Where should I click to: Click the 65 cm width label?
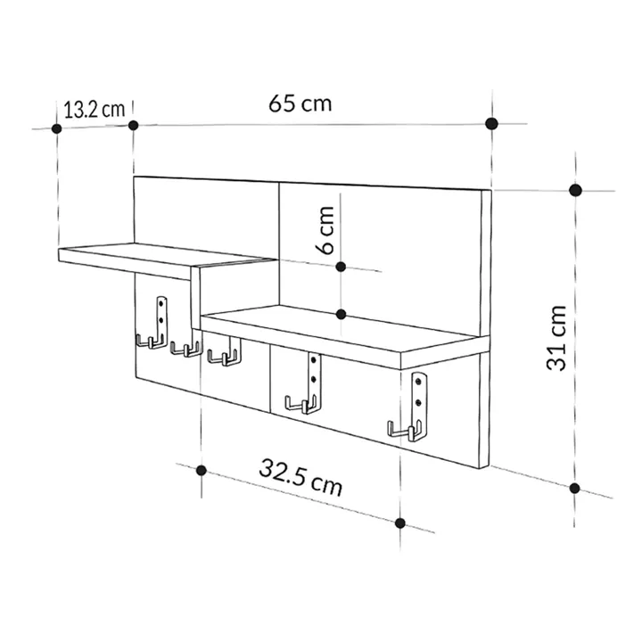pyautogui.click(x=300, y=103)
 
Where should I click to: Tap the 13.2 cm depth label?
pyautogui.click(x=94, y=110)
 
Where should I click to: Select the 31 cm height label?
pyautogui.click(x=558, y=338)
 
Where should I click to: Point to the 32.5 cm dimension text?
pyautogui.click(x=300, y=476)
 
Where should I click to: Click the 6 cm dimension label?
pyautogui.click(x=326, y=230)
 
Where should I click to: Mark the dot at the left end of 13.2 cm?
pyautogui.click(x=57, y=128)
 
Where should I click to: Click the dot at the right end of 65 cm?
pyautogui.click(x=490, y=123)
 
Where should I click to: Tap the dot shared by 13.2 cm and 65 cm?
pyautogui.click(x=134, y=125)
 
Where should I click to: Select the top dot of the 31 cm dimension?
pyautogui.click(x=576, y=190)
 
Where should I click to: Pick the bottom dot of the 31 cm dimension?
pyautogui.click(x=576, y=488)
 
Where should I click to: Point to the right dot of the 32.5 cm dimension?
pyautogui.click(x=400, y=523)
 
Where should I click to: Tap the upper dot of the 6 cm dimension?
pyautogui.click(x=342, y=266)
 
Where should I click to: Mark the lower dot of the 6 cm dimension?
pyautogui.click(x=342, y=314)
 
